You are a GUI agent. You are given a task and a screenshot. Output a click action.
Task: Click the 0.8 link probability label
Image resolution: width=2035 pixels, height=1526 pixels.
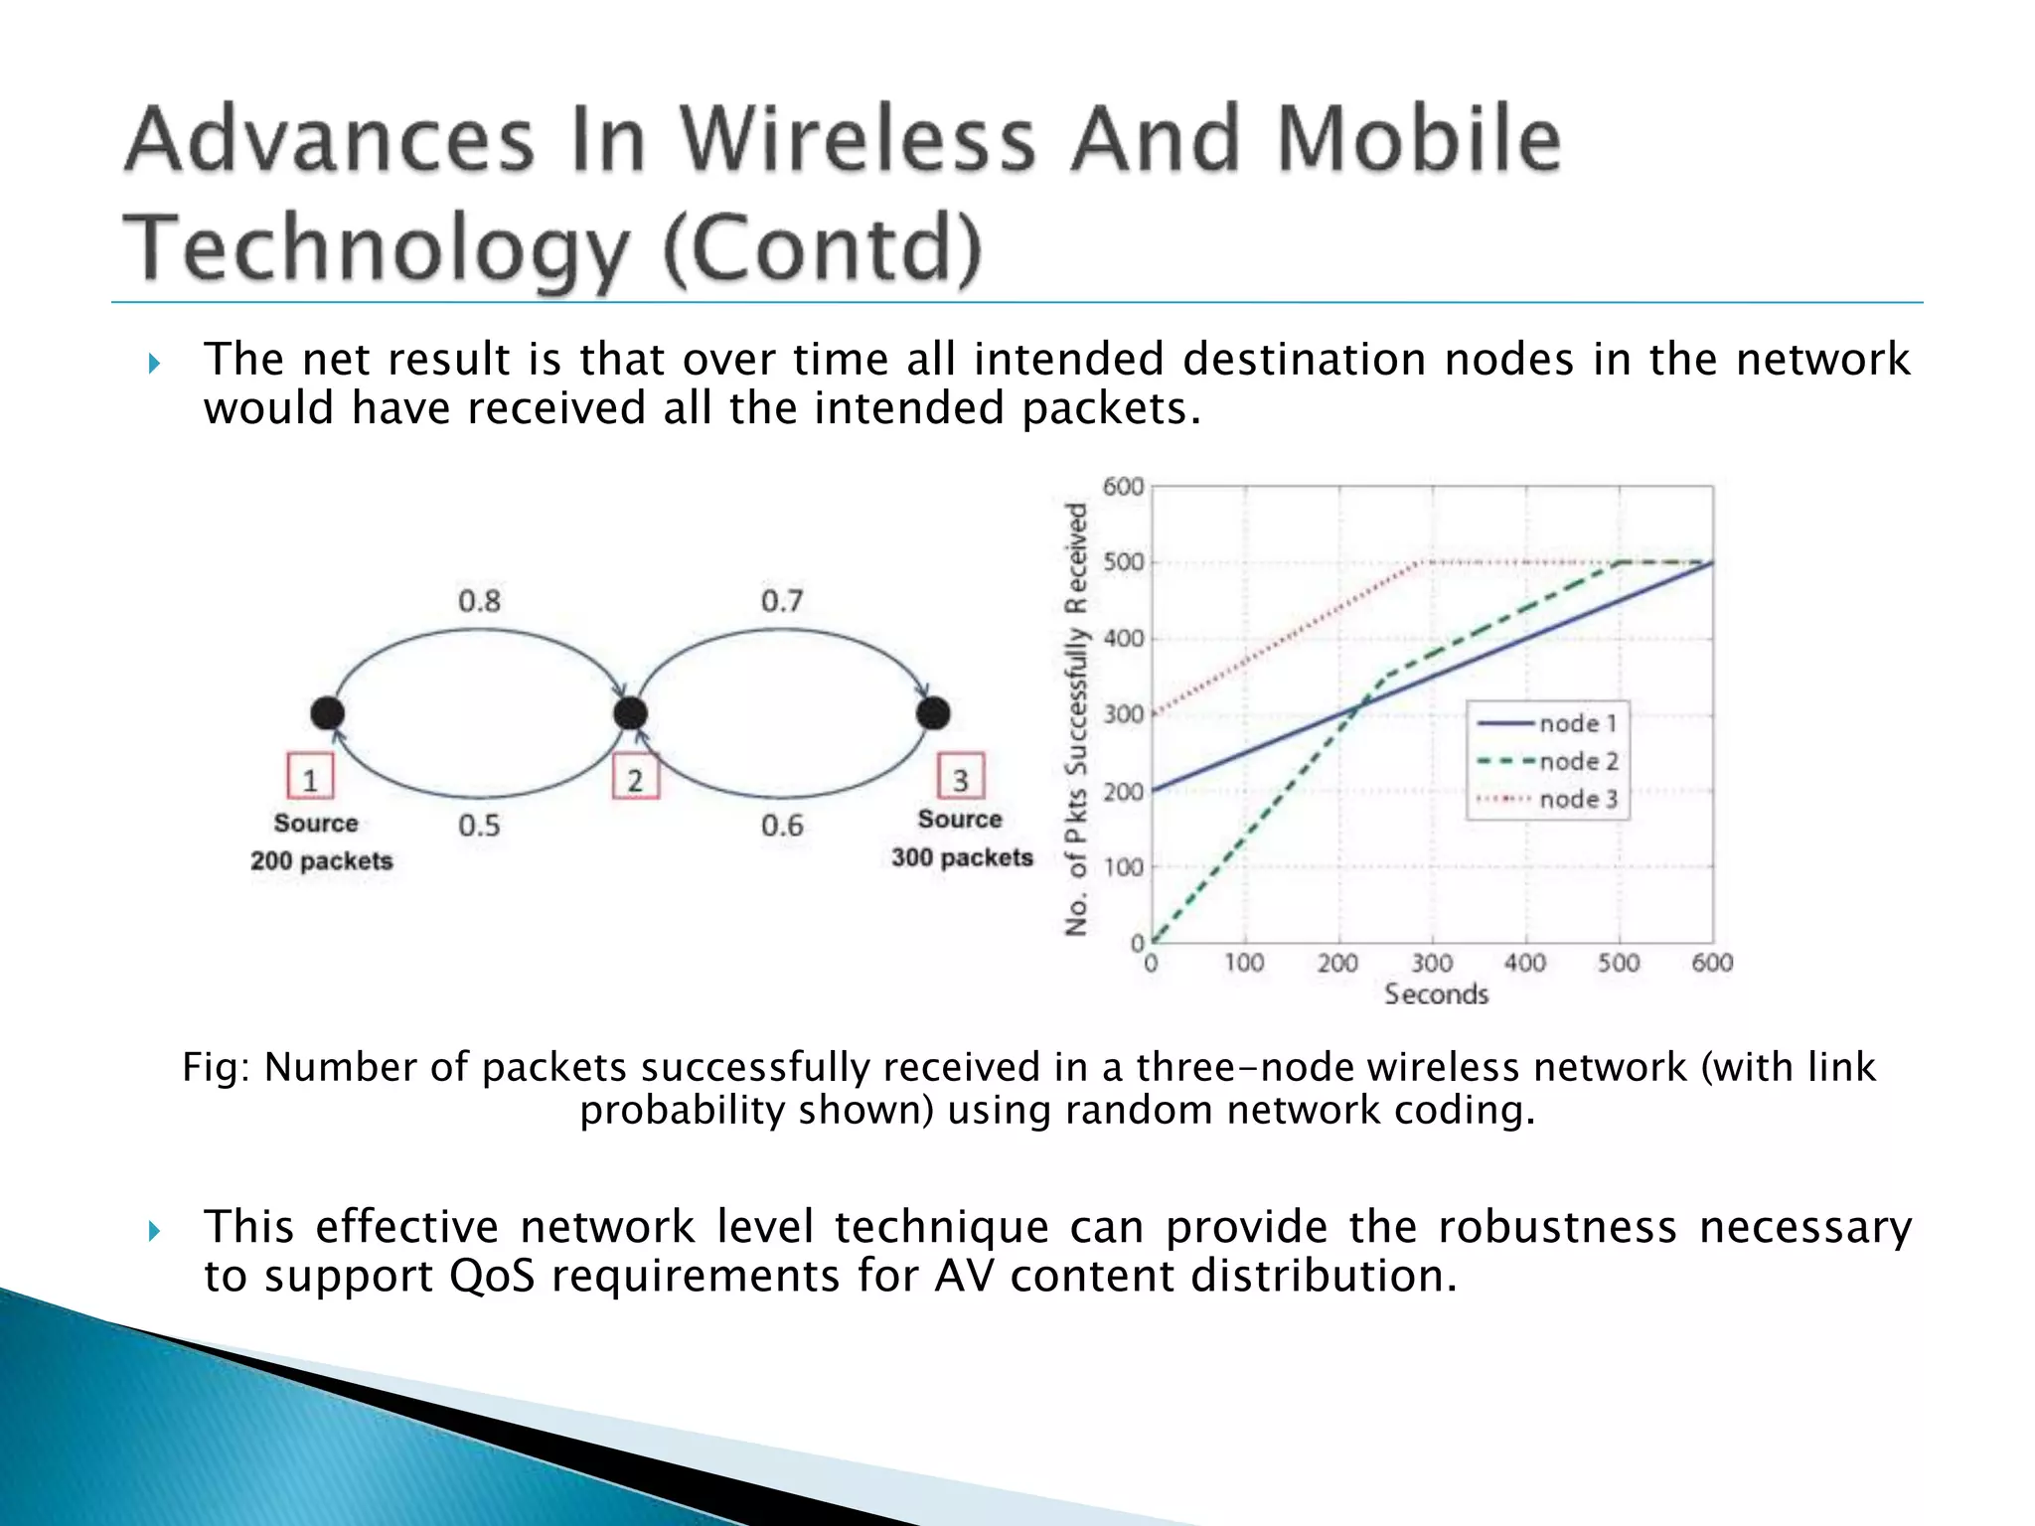pyautogui.click(x=479, y=601)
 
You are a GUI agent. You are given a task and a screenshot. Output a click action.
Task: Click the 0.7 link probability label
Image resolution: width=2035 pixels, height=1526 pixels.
pyautogui.click(x=782, y=601)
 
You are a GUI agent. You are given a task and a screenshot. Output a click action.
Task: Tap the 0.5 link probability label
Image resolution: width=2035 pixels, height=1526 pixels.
pyautogui.click(x=479, y=826)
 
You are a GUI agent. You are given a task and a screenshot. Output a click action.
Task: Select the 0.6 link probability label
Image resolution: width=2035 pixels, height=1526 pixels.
pyautogui.click(x=782, y=826)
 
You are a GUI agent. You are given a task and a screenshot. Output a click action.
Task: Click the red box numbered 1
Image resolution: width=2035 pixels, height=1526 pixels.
pyautogui.click(x=310, y=777)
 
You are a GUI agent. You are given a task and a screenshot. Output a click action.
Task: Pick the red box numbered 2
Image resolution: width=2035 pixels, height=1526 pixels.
pyautogui.click(x=635, y=777)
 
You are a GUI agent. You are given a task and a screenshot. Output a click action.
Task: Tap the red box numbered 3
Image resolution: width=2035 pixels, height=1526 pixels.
pyautogui.click(x=960, y=777)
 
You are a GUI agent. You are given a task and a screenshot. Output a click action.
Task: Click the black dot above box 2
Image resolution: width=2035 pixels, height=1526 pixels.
pyautogui.click(x=631, y=712)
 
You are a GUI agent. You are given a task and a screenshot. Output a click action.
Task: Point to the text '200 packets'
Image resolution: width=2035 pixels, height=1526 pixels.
pyautogui.click(x=321, y=860)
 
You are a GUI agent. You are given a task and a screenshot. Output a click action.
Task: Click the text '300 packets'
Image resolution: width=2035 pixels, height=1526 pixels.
pyautogui.click(x=962, y=857)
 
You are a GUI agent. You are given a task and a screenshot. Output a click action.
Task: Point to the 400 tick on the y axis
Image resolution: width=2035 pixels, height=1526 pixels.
pyautogui.click(x=1124, y=638)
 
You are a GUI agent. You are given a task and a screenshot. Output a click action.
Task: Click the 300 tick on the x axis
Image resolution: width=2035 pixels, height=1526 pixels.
pyautogui.click(x=1432, y=963)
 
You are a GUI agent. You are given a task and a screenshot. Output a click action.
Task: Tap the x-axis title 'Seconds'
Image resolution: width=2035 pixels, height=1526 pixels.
pyautogui.click(x=1436, y=993)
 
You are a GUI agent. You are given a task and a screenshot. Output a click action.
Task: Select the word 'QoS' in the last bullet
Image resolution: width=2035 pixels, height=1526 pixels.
pyautogui.click(x=492, y=1276)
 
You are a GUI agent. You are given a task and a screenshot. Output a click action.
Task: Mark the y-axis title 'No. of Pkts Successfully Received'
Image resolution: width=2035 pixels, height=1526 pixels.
pyautogui.click(x=1076, y=719)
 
